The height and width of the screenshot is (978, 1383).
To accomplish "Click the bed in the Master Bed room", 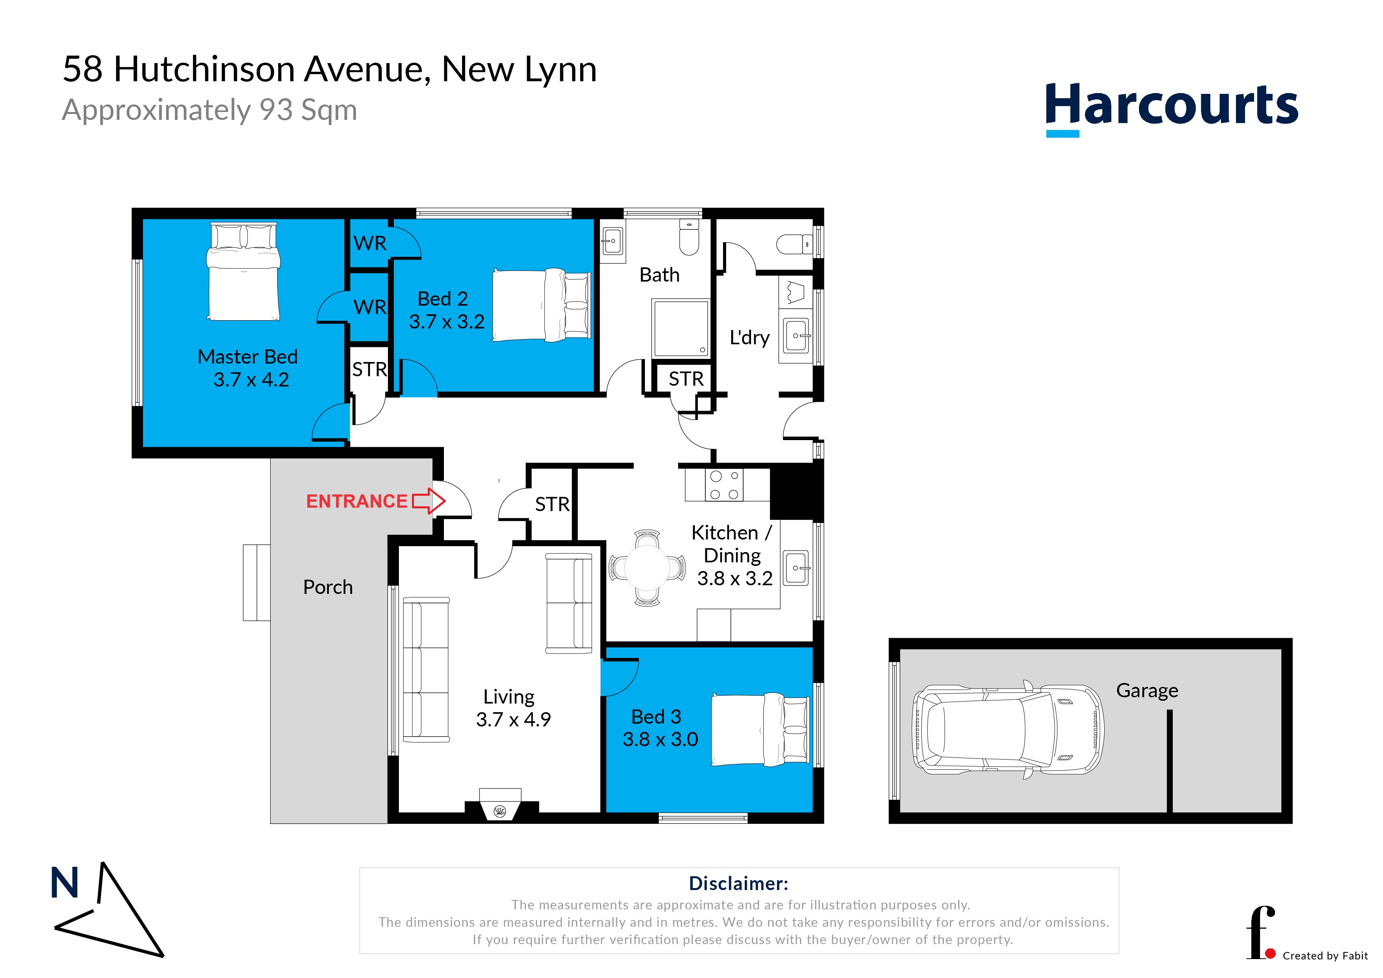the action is point(243,271).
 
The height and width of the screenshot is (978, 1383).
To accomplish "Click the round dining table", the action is point(647,567).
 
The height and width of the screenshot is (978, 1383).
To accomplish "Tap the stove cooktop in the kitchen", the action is point(724,485).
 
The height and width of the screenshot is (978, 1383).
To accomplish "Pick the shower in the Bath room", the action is point(680,328).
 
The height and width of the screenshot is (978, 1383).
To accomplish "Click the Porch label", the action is point(328,587).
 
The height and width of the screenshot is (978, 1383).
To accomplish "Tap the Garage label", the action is point(1147,691).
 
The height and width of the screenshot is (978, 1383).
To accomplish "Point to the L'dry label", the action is point(749,338).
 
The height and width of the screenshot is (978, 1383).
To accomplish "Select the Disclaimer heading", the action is point(738,883).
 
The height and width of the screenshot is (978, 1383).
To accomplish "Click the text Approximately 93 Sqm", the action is point(210,110).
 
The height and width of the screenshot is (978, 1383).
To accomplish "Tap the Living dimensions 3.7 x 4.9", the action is point(513,719).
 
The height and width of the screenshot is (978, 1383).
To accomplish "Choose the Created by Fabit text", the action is point(1325,956).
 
